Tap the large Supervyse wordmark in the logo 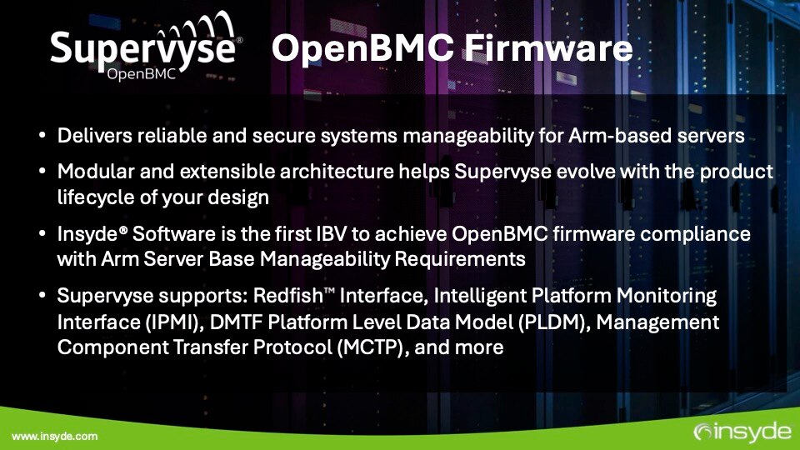tap(144, 47)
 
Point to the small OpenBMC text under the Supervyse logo tap(142, 75)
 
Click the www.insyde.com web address tap(54, 436)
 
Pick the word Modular tap(91, 172)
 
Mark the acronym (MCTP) tap(372, 347)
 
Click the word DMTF tap(245, 322)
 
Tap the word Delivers tap(92, 136)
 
